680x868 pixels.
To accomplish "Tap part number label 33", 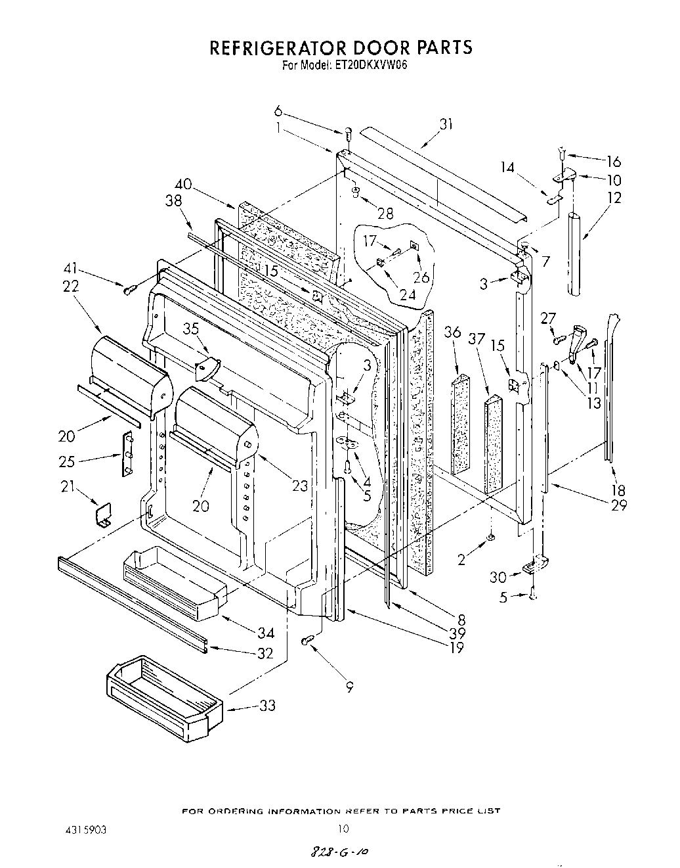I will (267, 706).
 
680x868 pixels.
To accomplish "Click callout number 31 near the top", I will (446, 124).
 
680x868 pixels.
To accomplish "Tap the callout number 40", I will (184, 185).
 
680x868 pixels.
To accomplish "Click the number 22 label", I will (71, 286).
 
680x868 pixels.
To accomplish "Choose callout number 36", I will (453, 332).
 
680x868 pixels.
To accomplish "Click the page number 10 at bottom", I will (341, 829).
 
